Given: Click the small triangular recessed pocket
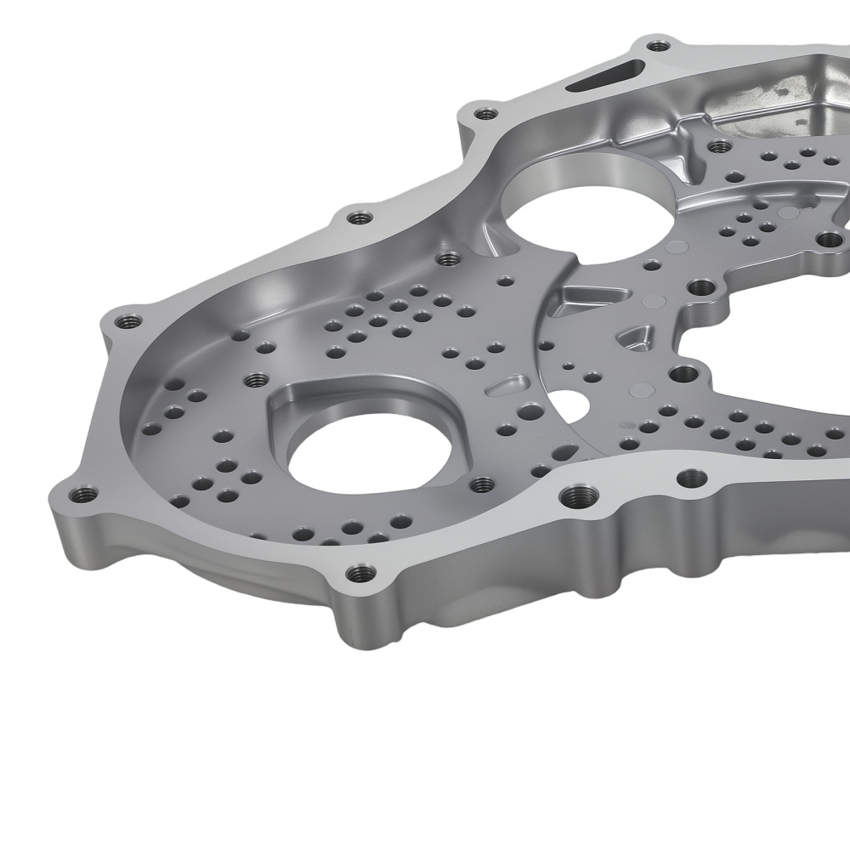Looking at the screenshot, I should pyautogui.click(x=633, y=337).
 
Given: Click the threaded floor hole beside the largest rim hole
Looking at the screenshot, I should pyautogui.click(x=483, y=484).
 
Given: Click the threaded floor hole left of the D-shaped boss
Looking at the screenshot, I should pyautogui.click(x=253, y=379).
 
